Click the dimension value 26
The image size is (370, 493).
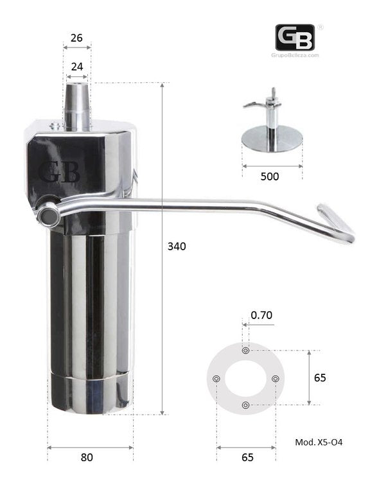[x=76, y=38]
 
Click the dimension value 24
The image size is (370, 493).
[x=77, y=67]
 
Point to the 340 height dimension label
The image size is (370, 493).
[x=177, y=246]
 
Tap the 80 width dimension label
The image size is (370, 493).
[x=87, y=457]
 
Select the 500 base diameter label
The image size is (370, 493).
[x=270, y=177]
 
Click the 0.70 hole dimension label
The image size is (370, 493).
[x=261, y=315]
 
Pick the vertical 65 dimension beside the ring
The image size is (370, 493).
[x=320, y=377]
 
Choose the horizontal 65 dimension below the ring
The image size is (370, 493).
[x=247, y=457]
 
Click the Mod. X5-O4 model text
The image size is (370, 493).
[x=319, y=442]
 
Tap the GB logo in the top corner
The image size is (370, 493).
[x=295, y=37]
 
